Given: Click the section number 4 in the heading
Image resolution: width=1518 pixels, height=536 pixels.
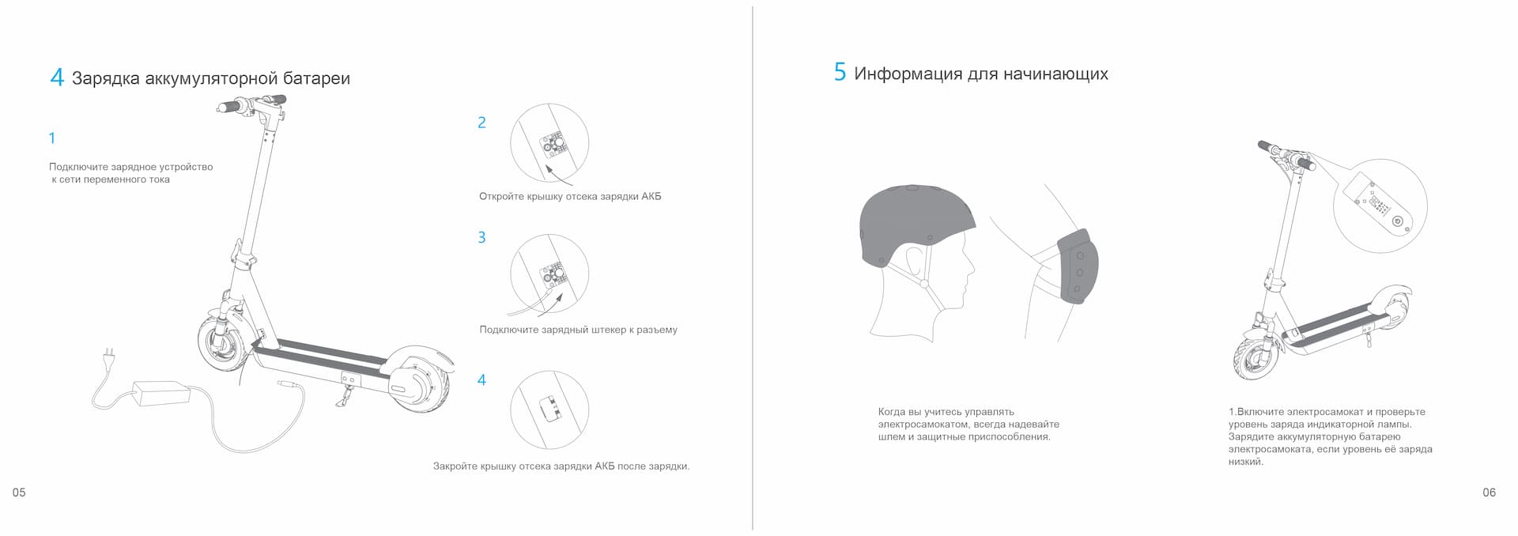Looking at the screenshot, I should coord(56,77).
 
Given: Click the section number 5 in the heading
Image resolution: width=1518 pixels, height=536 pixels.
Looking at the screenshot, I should coord(840,73).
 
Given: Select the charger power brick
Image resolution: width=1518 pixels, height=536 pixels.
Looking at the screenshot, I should coord(161,392).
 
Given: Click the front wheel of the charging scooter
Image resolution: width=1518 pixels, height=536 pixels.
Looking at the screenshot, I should coord(221,343).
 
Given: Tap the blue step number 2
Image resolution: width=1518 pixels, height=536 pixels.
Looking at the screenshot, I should coord(481,123).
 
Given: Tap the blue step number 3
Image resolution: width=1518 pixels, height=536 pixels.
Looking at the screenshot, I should coord(481,237).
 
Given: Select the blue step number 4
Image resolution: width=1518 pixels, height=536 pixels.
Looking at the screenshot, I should coord(481,380).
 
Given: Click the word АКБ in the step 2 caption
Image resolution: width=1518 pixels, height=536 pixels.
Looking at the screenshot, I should coord(651,196).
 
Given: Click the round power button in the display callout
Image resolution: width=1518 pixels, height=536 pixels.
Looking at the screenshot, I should coord(1397,221).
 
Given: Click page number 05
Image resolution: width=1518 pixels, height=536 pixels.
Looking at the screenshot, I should coord(19,493).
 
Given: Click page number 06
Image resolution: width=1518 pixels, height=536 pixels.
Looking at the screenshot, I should coord(1489,493).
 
